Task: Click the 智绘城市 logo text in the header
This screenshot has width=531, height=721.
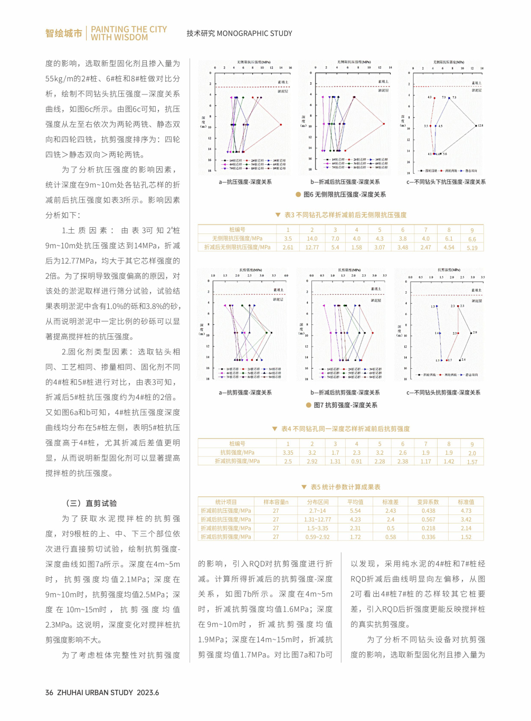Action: click(x=63, y=33)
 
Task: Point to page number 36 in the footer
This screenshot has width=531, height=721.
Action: click(x=49, y=692)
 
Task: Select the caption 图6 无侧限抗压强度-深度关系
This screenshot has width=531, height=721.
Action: click(x=345, y=194)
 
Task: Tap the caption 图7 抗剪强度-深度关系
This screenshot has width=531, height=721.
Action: click(x=345, y=405)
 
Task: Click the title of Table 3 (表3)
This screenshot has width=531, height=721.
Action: click(x=345, y=215)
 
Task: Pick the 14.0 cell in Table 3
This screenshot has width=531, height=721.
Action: click(x=312, y=239)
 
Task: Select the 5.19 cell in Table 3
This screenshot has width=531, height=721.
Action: click(x=472, y=248)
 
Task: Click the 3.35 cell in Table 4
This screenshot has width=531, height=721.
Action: click(x=288, y=453)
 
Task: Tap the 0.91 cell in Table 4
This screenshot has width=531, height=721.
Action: click(x=357, y=462)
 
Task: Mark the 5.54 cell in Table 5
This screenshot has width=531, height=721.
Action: click(x=355, y=511)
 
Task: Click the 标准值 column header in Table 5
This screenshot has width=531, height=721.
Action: click(x=466, y=502)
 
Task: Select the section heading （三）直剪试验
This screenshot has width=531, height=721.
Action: click(x=91, y=503)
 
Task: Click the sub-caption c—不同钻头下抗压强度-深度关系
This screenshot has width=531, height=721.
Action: click(x=446, y=182)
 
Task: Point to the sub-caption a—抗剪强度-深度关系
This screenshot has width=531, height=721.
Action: click(x=245, y=392)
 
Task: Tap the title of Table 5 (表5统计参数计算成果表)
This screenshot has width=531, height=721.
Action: click(x=345, y=487)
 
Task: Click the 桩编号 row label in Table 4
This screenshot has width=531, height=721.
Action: click(x=237, y=444)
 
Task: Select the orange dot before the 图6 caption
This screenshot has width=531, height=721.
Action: click(x=298, y=194)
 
